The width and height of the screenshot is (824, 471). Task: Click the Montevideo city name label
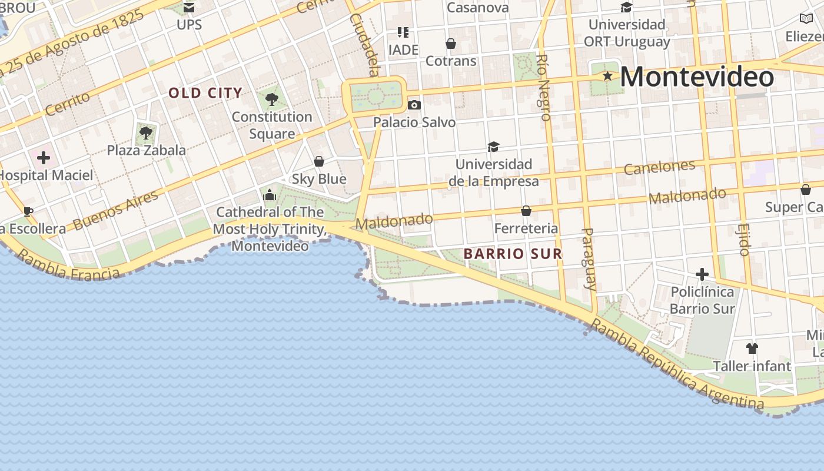point(697,77)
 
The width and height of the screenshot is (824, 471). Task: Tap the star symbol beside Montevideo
point(607,76)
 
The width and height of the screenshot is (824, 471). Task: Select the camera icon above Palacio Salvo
point(414,105)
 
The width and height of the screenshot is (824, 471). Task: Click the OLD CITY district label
point(205,93)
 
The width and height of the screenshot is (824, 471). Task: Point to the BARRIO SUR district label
point(513,254)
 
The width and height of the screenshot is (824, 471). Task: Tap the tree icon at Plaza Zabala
point(146,133)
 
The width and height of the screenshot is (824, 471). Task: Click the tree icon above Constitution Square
point(271,99)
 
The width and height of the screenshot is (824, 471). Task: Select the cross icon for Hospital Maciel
point(44,157)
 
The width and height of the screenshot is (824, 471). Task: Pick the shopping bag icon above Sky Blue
point(319,161)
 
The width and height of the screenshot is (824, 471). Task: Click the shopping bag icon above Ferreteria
point(526,211)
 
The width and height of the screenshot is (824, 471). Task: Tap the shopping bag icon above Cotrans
point(451,44)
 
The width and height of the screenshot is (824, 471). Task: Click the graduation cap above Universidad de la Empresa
point(493,147)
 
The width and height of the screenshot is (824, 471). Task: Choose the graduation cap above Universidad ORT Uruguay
point(626,8)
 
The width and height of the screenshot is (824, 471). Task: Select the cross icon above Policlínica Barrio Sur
point(702,274)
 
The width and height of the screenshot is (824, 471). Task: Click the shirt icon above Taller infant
point(752,349)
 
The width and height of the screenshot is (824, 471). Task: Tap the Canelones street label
point(659,167)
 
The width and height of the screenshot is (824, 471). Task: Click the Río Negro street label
point(543,87)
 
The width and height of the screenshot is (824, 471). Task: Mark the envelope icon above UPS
point(189,8)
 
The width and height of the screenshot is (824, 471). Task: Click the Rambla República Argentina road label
point(677,365)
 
